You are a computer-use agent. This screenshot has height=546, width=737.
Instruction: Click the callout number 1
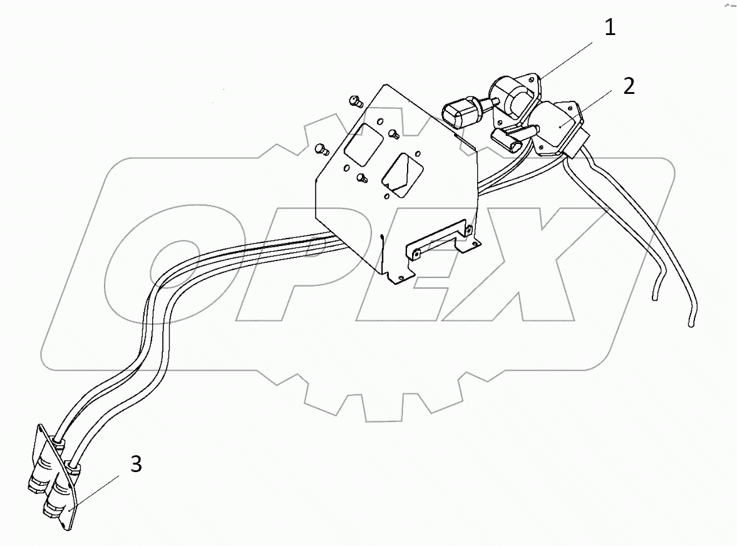pos(609,28)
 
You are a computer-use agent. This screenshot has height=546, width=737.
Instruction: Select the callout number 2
pos(628,86)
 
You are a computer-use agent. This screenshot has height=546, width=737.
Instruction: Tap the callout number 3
pos(137,465)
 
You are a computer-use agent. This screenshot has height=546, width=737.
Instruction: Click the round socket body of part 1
pos(515,95)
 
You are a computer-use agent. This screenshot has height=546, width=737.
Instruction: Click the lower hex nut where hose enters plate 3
pos(75,467)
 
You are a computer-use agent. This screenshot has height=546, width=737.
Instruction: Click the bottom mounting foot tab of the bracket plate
pos(398,276)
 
